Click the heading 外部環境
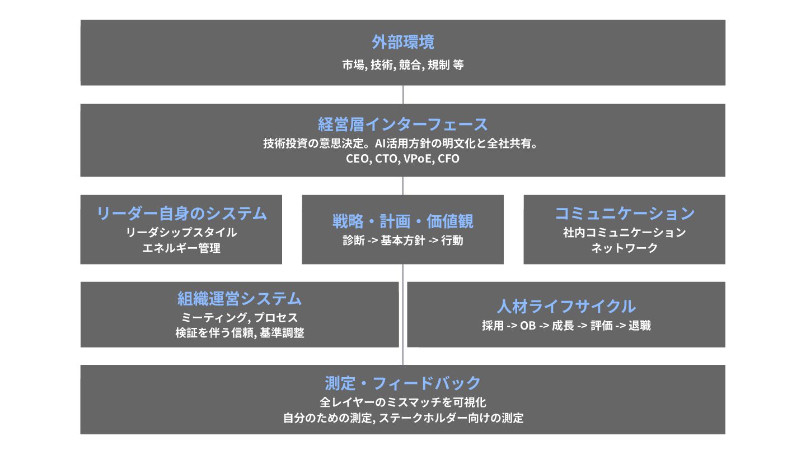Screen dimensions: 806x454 (x=403, y=42)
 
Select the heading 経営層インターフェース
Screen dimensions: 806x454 (x=403, y=124)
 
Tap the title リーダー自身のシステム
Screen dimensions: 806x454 (x=181, y=213)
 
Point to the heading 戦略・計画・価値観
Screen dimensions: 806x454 (x=403, y=221)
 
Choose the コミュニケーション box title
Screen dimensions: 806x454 (x=625, y=213)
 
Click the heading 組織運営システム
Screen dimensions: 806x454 (x=240, y=298)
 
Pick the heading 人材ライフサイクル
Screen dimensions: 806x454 (x=566, y=306)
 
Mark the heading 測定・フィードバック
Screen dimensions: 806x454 (x=403, y=383)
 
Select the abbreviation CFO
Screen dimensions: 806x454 (x=448, y=159)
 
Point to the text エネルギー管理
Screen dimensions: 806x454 (x=181, y=248)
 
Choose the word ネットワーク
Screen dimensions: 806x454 (x=625, y=248)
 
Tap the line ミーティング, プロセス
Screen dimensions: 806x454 (x=240, y=318)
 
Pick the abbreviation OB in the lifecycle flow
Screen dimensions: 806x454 (x=528, y=326)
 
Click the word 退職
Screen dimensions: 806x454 (x=640, y=326)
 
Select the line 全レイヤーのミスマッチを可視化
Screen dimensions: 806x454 (x=403, y=402)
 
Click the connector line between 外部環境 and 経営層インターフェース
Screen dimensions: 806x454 (x=403, y=94)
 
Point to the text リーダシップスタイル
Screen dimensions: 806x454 (x=181, y=232)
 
